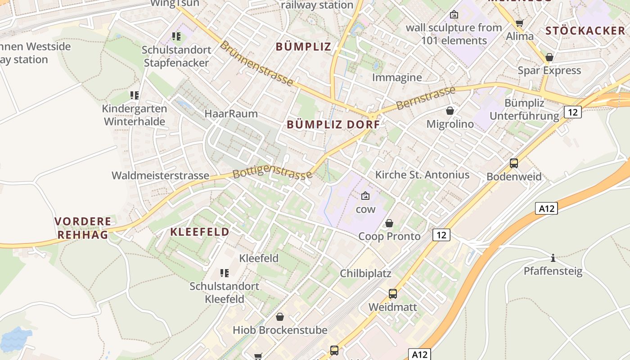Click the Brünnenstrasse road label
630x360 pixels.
[x=257, y=64]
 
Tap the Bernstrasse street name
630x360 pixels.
[x=426, y=98]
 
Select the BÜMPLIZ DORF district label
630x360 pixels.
[x=333, y=124]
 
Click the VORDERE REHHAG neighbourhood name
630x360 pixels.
[x=83, y=228]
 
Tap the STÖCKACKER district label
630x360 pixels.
[x=585, y=31]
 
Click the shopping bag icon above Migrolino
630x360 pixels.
[x=450, y=111]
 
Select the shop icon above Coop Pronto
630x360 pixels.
[x=389, y=223]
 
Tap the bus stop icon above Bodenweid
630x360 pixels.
[x=514, y=163]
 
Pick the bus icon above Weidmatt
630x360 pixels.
[x=393, y=294]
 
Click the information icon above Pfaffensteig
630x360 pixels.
[x=553, y=258]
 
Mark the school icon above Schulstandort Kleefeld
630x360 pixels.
[x=225, y=273]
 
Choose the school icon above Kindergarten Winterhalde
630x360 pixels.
[x=134, y=95]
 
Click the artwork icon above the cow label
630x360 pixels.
[x=365, y=196]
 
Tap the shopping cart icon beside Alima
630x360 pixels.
[x=520, y=23]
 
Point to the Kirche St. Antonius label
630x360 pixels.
[x=422, y=175]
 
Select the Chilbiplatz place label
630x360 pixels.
[x=365, y=273]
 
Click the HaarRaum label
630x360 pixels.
[x=231, y=113]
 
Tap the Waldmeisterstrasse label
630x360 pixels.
[x=160, y=175]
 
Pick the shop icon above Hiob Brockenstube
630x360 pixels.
[x=280, y=317]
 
